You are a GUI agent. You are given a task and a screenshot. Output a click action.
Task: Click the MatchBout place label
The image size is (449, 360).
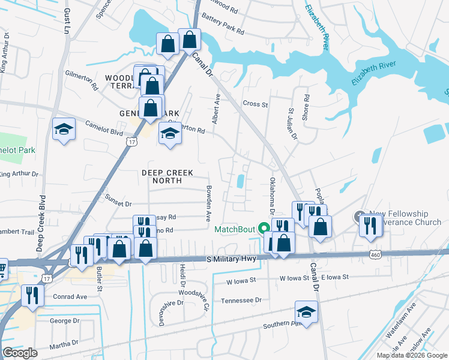235,229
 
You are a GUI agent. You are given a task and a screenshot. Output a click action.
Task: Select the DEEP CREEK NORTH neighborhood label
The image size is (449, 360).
167,173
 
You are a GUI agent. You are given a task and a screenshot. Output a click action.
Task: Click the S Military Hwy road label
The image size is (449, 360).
231,259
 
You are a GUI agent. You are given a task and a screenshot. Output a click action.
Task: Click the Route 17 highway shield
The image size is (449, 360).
131,142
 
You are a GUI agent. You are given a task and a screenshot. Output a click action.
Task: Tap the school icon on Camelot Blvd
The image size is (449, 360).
63,130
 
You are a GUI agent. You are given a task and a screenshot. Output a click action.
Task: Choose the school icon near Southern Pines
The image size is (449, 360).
306,313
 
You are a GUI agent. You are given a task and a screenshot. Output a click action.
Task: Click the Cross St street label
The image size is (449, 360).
255,104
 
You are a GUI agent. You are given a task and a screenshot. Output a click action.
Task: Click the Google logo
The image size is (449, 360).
20,353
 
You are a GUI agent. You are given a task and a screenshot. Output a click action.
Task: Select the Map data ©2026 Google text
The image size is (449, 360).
412,355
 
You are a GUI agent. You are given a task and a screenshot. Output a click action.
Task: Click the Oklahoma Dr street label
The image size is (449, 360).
272,196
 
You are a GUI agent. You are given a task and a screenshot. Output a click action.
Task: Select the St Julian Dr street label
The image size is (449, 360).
292,124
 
